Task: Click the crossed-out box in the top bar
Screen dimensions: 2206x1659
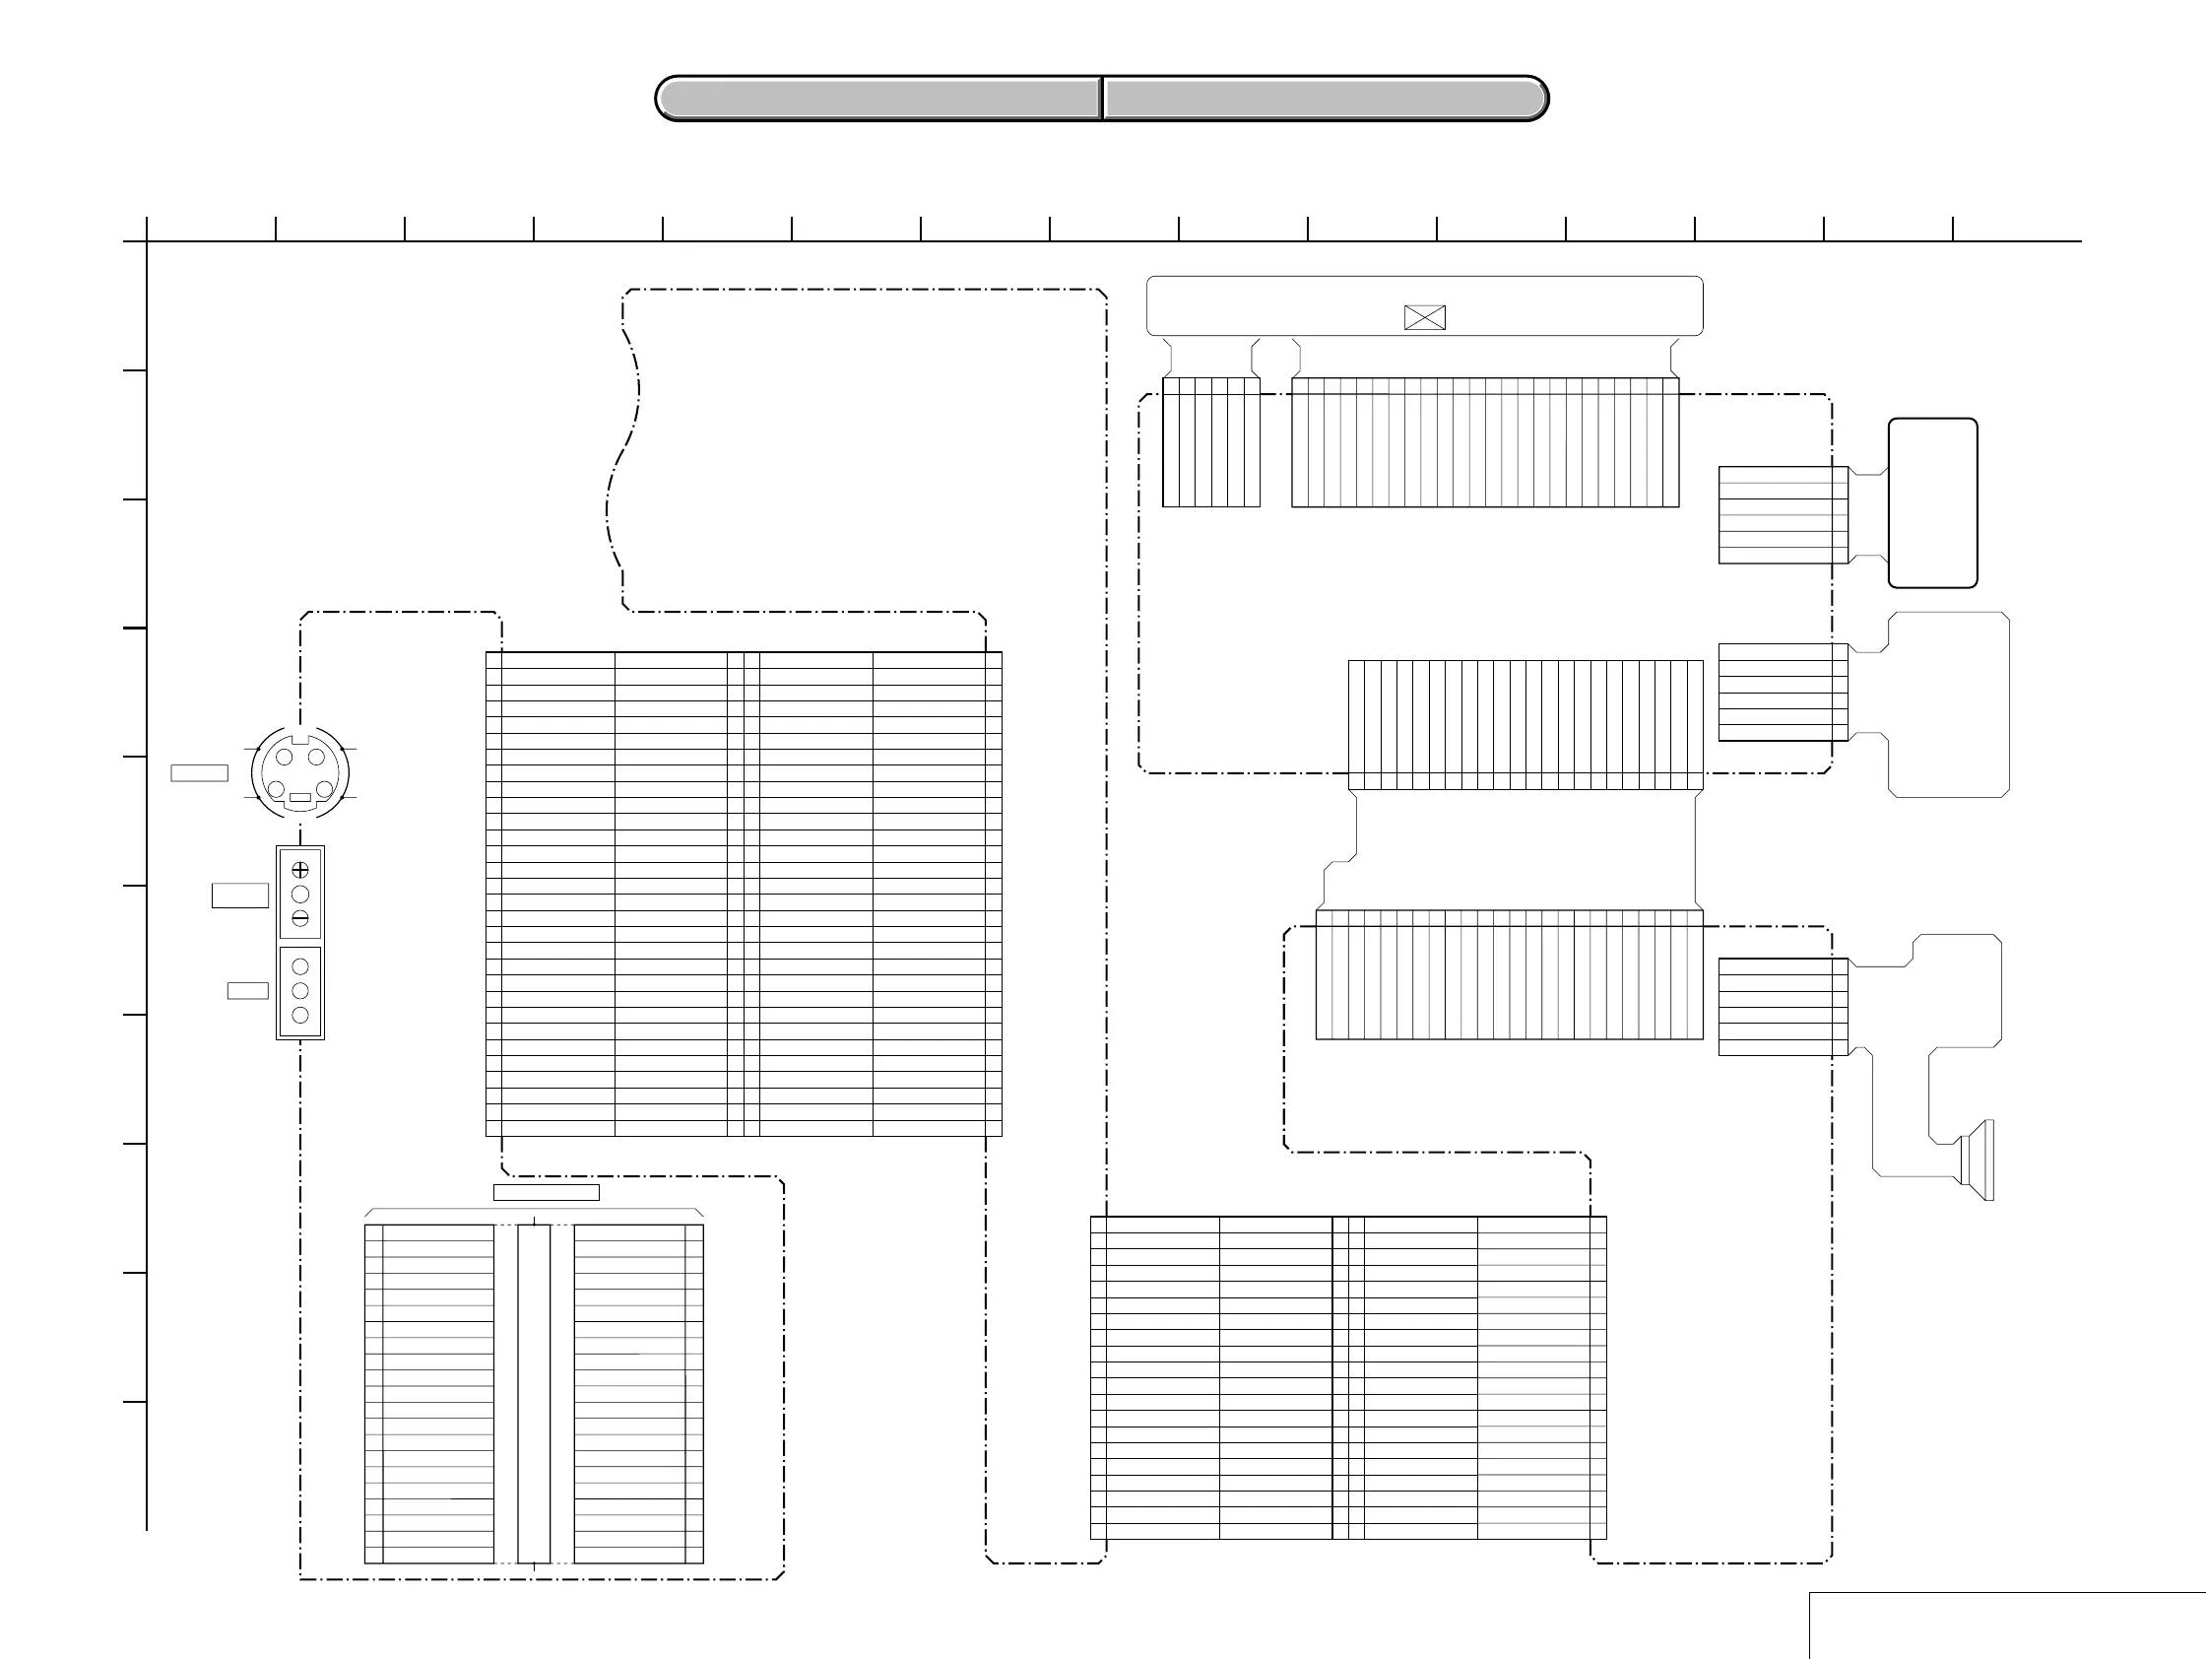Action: tap(1424, 317)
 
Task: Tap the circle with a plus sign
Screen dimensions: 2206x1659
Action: tap(300, 870)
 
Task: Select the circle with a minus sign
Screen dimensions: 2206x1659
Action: tap(300, 918)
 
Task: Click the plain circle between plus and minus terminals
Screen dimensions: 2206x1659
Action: tap(300, 894)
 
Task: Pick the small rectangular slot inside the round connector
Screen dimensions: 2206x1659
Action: tap(300, 797)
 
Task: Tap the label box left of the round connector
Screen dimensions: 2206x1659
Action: tap(200, 772)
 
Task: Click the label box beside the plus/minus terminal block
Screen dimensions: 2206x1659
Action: tap(239, 895)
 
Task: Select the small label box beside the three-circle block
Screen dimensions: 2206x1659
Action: tap(247, 991)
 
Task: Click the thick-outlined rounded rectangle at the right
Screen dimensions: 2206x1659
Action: tap(1933, 502)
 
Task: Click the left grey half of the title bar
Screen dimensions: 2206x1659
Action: tap(878, 99)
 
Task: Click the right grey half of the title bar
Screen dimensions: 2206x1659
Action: tap(1325, 99)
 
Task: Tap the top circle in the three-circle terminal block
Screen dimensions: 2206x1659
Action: tap(300, 966)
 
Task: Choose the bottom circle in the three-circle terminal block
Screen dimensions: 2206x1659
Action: tap(300, 1016)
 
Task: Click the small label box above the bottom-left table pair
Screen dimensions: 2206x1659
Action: tap(547, 1192)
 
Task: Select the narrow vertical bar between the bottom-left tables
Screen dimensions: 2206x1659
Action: tap(534, 1393)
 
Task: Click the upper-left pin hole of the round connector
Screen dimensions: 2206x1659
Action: tap(285, 758)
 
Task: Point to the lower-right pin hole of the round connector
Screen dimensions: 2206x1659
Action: tap(324, 790)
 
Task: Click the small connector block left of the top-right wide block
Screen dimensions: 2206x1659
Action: tap(1210, 442)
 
